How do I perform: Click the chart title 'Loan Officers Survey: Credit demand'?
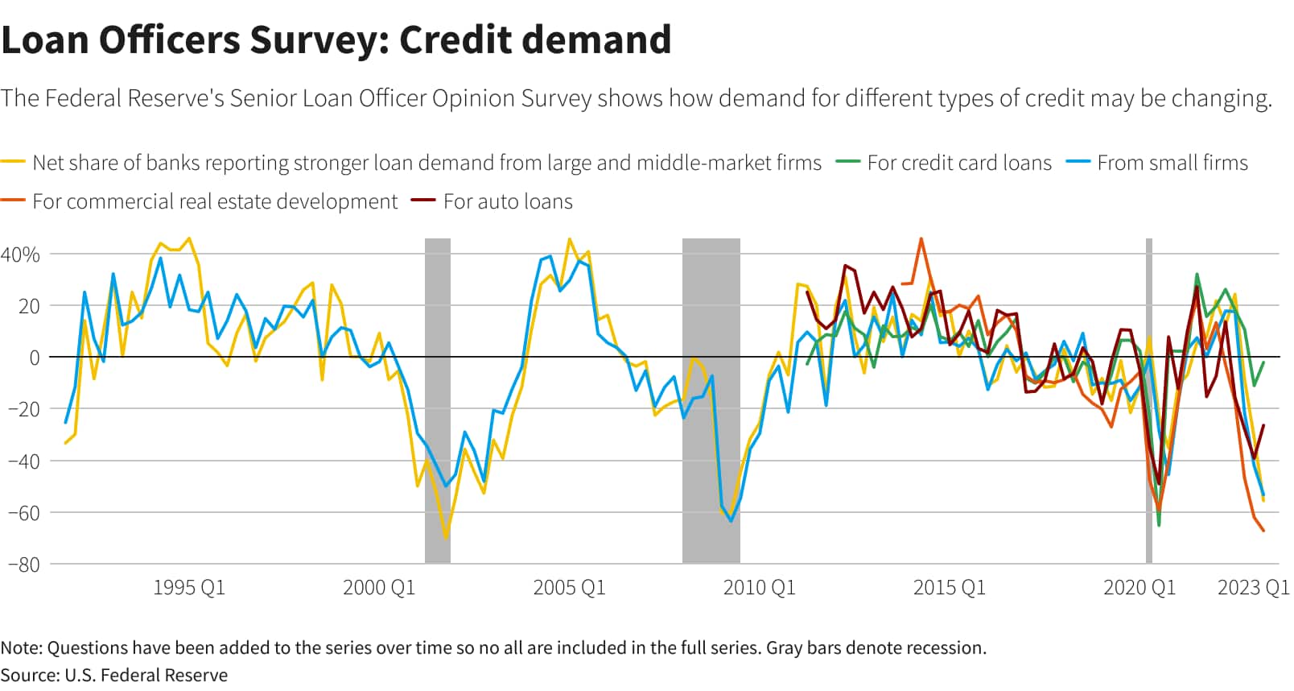pos(336,40)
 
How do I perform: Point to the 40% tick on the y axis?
pos(20,254)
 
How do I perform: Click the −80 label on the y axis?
pos(23,565)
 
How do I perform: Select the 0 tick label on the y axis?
pos(34,358)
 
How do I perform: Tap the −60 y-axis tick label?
pos(23,513)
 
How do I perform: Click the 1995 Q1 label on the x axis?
pos(189,588)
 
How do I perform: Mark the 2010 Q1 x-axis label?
pos(759,588)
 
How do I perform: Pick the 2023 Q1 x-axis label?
pos(1253,588)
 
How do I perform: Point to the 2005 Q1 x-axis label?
pos(569,588)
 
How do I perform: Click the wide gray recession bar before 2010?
pos(711,403)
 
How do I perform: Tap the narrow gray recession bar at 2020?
pos(1149,403)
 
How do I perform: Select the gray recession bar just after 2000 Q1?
pos(437,403)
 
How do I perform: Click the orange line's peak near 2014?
pos(921,239)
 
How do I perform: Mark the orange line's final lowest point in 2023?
pos(1263,531)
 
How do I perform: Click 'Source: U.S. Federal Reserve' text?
pos(114,675)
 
